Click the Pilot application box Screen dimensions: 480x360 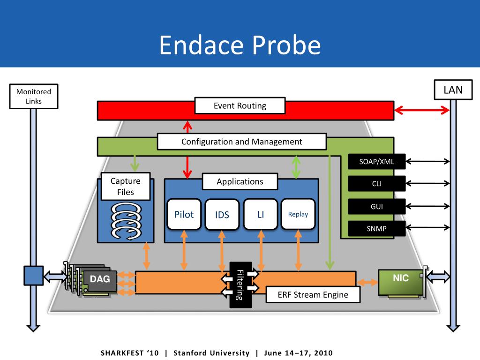tap(184, 214)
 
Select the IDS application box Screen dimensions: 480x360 tap(222, 214)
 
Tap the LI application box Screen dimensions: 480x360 tap(261, 214)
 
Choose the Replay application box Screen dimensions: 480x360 tap(298, 214)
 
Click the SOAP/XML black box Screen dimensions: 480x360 tap(376, 161)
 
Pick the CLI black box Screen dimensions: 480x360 tap(376, 183)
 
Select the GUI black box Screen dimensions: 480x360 tap(376, 206)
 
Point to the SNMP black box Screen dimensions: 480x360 tap(376, 228)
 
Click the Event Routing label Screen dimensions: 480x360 tap(240, 105)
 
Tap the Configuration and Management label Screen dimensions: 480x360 tap(242, 142)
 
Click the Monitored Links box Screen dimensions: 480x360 tap(34, 97)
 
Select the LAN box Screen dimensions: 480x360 tap(453, 90)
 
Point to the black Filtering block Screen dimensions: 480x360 tap(240, 285)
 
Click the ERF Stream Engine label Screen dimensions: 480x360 tap(313, 294)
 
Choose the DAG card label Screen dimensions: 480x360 tap(100, 279)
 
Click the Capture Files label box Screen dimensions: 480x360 tap(126, 187)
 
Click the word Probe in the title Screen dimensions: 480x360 tap(286, 45)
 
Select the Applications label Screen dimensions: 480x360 tap(240, 181)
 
